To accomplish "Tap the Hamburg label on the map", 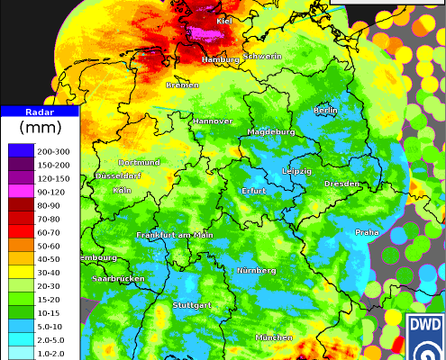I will point(221,59).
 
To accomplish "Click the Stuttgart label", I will point(191,305).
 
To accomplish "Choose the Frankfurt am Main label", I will point(174,235).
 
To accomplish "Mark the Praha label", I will point(367,231).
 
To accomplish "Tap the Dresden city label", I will point(341,184).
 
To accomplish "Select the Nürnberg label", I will point(256,270).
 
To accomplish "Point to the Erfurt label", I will point(255,191).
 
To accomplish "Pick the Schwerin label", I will point(262,56).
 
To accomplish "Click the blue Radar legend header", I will point(41,112).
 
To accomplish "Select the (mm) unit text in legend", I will point(41,129).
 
